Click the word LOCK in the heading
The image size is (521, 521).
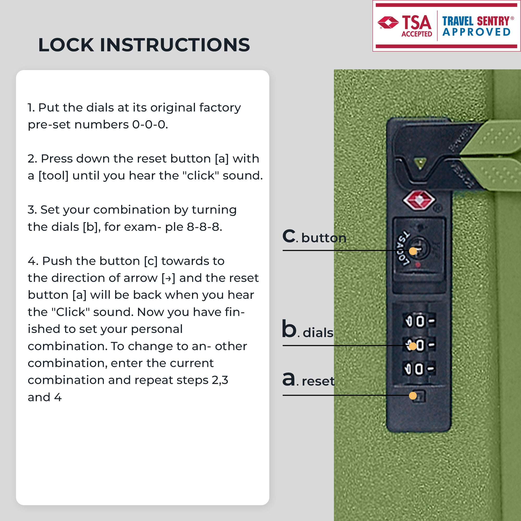pyautogui.click(x=66, y=45)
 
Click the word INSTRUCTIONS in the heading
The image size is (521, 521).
pyautogui.click(x=175, y=45)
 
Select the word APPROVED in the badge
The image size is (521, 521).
pyautogui.click(x=476, y=32)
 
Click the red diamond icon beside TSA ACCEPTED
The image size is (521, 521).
pyautogui.click(x=388, y=22)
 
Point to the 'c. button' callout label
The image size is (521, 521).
pyautogui.click(x=314, y=236)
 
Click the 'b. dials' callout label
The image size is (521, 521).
pyautogui.click(x=308, y=329)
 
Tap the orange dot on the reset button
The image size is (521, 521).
pyautogui.click(x=413, y=396)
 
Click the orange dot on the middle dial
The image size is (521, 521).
pyautogui.click(x=413, y=346)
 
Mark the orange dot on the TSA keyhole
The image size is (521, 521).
pyautogui.click(x=413, y=251)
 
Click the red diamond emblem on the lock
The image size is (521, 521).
pyautogui.click(x=419, y=200)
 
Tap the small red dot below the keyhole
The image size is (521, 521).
pyautogui.click(x=418, y=265)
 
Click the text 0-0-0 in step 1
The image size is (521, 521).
pyautogui.click(x=150, y=125)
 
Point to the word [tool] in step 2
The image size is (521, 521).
pyautogui.click(x=53, y=176)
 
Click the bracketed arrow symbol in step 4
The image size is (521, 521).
pyautogui.click(x=168, y=278)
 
